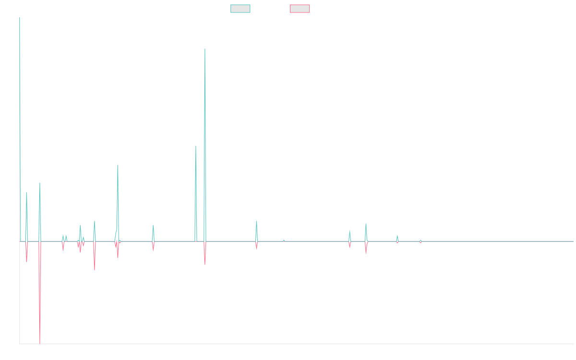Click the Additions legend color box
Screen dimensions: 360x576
point(240,9)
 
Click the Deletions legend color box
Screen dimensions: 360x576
point(300,9)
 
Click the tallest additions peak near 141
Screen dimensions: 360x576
point(205,49)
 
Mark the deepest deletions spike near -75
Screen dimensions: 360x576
point(40,343)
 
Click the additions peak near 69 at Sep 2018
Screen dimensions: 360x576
point(195,146)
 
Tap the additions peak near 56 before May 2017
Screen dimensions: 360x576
point(118,165)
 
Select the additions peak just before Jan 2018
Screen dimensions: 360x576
point(153,225)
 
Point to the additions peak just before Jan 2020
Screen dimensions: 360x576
point(257,221)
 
